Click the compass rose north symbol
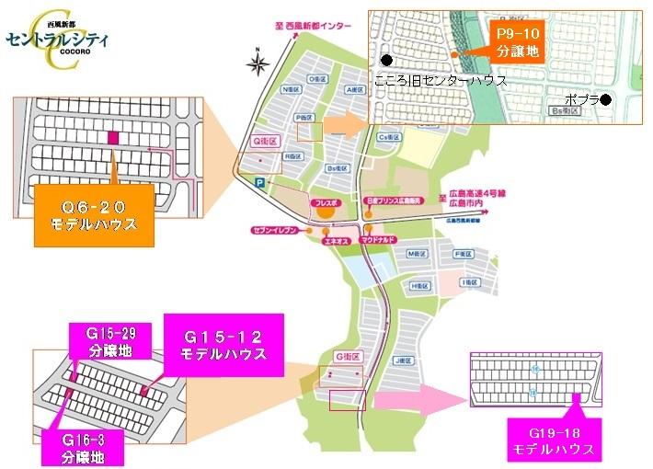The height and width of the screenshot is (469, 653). click(x=258, y=63)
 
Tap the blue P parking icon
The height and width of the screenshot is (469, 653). click(x=260, y=183)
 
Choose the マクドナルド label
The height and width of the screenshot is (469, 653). click(x=378, y=238)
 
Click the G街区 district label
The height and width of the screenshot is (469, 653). click(x=346, y=355)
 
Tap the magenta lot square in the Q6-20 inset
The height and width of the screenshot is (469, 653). click(x=113, y=138)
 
